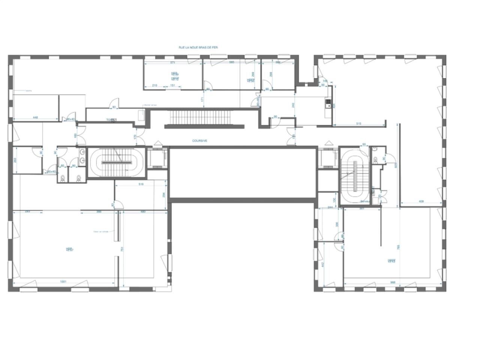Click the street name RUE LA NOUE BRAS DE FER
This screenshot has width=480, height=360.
pyautogui.click(x=198, y=48)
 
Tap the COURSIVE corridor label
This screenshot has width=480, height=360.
pyautogui.click(x=199, y=141)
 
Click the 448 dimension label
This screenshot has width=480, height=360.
pyautogui.click(x=36, y=117)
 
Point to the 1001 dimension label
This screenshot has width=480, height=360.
pyautogui.click(x=63, y=282)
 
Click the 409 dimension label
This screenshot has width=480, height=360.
pyautogui.click(x=421, y=202)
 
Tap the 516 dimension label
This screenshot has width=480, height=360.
pyautogui.click(x=141, y=184)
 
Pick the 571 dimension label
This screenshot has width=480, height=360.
pyautogui.click(x=173, y=62)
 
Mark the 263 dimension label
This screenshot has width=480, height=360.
pyautogui.click(x=15, y=160)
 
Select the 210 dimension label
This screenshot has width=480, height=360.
pyautogui.click(x=154, y=85)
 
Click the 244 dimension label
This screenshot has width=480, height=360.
pyautogui.click(x=330, y=207)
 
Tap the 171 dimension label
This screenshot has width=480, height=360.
pyautogui.click(x=202, y=100)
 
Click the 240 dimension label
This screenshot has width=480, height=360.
pyautogui.click(x=292, y=105)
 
